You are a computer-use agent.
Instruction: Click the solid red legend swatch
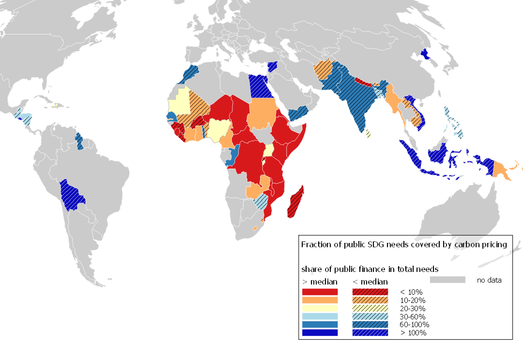pyautogui.click(x=320, y=292)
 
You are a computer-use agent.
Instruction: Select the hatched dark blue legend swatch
pyautogui.click(x=370, y=333)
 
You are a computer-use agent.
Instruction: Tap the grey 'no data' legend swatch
pyautogui.click(x=448, y=280)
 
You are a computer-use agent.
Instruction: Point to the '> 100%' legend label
pyautogui.click(x=413, y=333)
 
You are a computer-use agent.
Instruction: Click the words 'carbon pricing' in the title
pyautogui.click(x=480, y=244)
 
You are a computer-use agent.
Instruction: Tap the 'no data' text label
pyautogui.click(x=489, y=280)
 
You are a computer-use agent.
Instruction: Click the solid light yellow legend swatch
pyautogui.click(x=320, y=308)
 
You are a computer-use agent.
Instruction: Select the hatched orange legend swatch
pyautogui.click(x=370, y=300)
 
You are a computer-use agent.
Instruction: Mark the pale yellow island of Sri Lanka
pyautogui.click(x=369, y=133)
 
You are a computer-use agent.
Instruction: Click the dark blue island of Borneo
pyautogui.click(x=438, y=154)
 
